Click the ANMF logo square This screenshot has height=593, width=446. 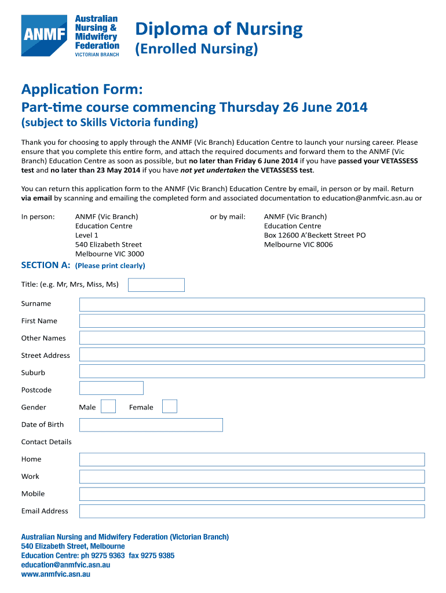pyautogui.click(x=43, y=35)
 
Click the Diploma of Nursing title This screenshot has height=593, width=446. pyautogui.click(x=219, y=29)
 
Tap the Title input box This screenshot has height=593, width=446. pyautogui.click(x=156, y=285)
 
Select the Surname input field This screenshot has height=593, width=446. pyautogui.click(x=252, y=304)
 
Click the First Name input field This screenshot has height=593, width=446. pyautogui.click(x=252, y=321)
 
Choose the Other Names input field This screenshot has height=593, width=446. pyautogui.click(x=252, y=338)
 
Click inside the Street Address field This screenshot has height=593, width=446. pyautogui.click(x=252, y=355)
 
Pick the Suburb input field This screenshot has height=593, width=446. pyautogui.click(x=252, y=372)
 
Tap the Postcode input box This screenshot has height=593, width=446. pyautogui.click(x=111, y=388)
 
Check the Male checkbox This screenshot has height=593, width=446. pyautogui.click(x=108, y=407)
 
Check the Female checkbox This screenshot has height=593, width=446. pyautogui.click(x=170, y=407)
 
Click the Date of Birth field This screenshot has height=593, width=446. pyautogui.click(x=151, y=425)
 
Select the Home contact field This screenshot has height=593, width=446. pyautogui.click(x=252, y=459)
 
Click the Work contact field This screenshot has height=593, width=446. pyautogui.click(x=252, y=477)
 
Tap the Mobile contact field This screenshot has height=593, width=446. pyautogui.click(x=252, y=494)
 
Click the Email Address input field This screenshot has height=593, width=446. pyautogui.click(x=252, y=511)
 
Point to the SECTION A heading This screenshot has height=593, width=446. pyautogui.click(x=46, y=265)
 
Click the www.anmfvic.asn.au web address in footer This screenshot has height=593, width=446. pyautogui.click(x=56, y=574)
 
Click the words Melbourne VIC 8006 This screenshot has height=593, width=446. pyautogui.click(x=298, y=244)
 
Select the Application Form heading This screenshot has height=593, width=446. pyautogui.click(x=81, y=89)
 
